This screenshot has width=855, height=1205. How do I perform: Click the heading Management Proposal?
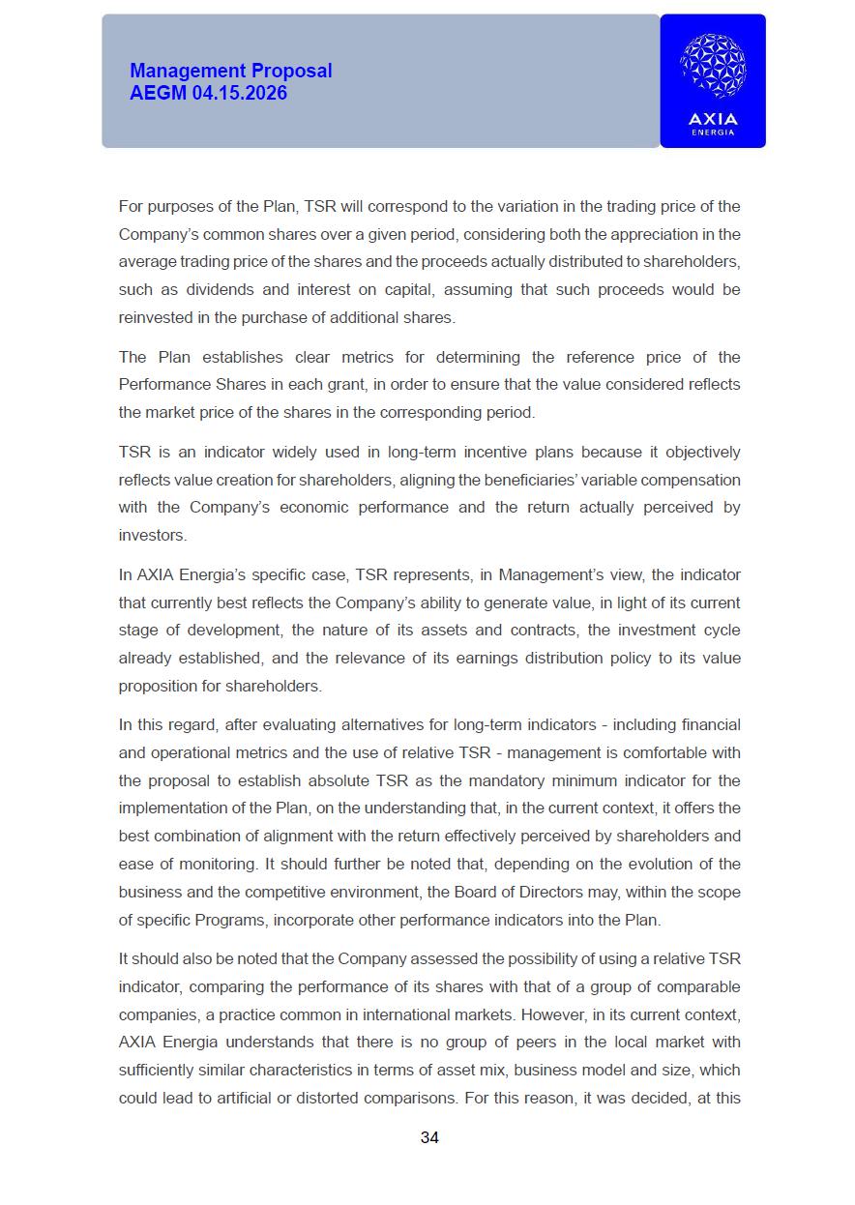click(x=230, y=71)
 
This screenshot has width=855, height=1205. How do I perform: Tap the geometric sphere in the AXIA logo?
click(x=713, y=66)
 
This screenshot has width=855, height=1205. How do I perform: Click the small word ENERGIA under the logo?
click(x=713, y=132)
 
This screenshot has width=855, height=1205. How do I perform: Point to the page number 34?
click(x=429, y=1137)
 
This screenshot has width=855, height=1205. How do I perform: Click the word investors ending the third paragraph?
click(x=151, y=535)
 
